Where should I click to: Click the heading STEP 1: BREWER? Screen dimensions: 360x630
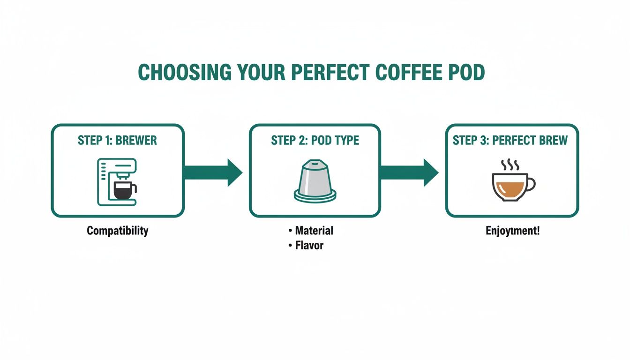tap(117, 141)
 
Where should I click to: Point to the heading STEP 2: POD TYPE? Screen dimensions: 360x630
tap(315, 141)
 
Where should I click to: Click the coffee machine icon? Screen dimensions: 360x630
tap(117, 182)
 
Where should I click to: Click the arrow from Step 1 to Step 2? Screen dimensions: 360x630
tap(213, 172)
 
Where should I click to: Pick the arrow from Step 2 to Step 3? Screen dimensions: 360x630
tap(409, 172)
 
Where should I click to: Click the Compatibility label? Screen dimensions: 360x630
tap(117, 231)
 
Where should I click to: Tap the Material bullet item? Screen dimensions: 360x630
tap(314, 231)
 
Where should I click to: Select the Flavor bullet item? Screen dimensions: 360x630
tap(309, 245)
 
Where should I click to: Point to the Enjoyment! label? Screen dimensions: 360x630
tap(512, 231)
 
